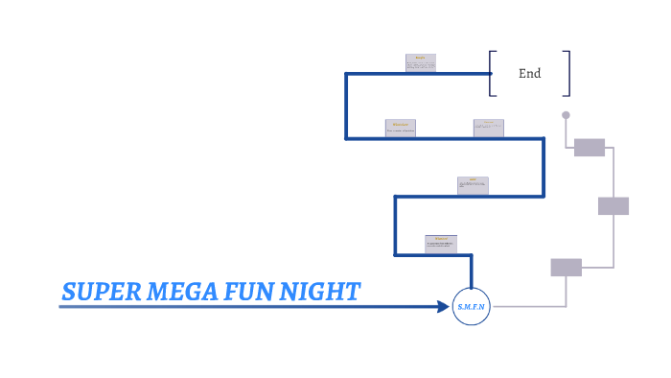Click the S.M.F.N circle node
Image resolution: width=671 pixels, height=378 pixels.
pos(471,306)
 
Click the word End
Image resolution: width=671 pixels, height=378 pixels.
pos(529,73)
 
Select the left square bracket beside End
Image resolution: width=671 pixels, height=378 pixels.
pos(492,73)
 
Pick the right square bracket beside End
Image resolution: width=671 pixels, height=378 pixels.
pos(567,73)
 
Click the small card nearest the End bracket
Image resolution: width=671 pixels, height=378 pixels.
pos(421,63)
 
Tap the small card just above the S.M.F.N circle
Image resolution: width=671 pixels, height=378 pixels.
pos(441,244)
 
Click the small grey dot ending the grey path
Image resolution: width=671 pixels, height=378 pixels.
pos(566,115)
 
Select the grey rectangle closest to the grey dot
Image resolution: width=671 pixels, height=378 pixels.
pos(590,147)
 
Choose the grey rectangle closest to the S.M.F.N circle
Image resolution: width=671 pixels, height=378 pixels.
pos(566,268)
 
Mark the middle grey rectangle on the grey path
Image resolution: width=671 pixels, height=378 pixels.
pos(613,205)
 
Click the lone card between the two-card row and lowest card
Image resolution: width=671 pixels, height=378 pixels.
pos(474,185)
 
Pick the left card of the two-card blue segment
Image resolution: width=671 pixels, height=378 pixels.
pos(401,128)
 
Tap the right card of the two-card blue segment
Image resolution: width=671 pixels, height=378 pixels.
pos(488,128)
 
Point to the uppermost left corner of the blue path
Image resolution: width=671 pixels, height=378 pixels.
pos(347,73)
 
